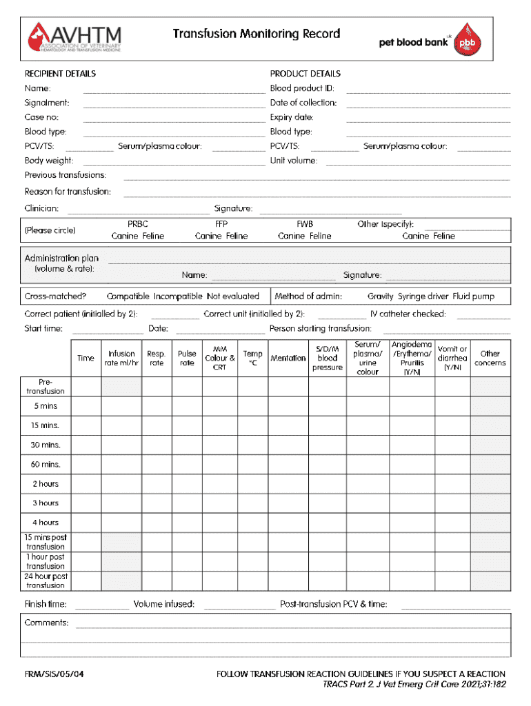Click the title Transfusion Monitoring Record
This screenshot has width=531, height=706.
256,34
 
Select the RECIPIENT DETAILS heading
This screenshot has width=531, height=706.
60,74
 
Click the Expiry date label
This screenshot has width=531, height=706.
291,117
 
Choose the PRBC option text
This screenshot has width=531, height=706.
138,224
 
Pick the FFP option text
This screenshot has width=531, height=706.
221,224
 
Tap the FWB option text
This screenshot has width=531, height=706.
304,224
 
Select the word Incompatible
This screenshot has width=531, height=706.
178,296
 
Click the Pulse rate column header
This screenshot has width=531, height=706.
187,358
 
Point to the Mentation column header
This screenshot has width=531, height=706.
288,358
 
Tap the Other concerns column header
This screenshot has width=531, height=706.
490,358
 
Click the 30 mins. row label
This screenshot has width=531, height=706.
46,445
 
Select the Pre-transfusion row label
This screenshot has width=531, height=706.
46,386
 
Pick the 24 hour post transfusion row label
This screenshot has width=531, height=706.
46,581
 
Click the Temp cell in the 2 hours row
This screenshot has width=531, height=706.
252,483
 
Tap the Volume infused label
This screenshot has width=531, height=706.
164,605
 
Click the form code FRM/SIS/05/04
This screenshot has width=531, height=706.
54,674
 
